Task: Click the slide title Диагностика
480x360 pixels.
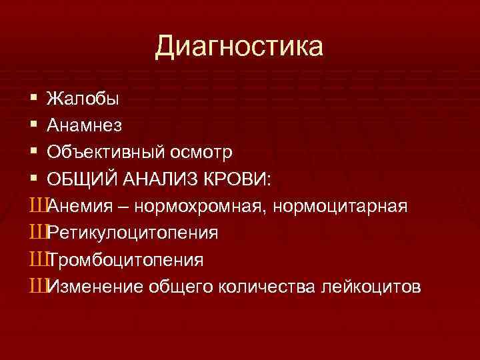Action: pyautogui.click(x=239, y=47)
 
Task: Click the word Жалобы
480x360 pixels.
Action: pyautogui.click(x=83, y=99)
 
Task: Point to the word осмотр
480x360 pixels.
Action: pyautogui.click(x=203, y=153)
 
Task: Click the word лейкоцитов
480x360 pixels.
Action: pyautogui.click(x=371, y=286)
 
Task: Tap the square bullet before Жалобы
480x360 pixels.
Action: pyautogui.click(x=34, y=99)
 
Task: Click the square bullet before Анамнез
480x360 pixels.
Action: pyautogui.click(x=34, y=126)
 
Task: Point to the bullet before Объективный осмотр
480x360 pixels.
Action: pyautogui.click(x=34, y=153)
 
